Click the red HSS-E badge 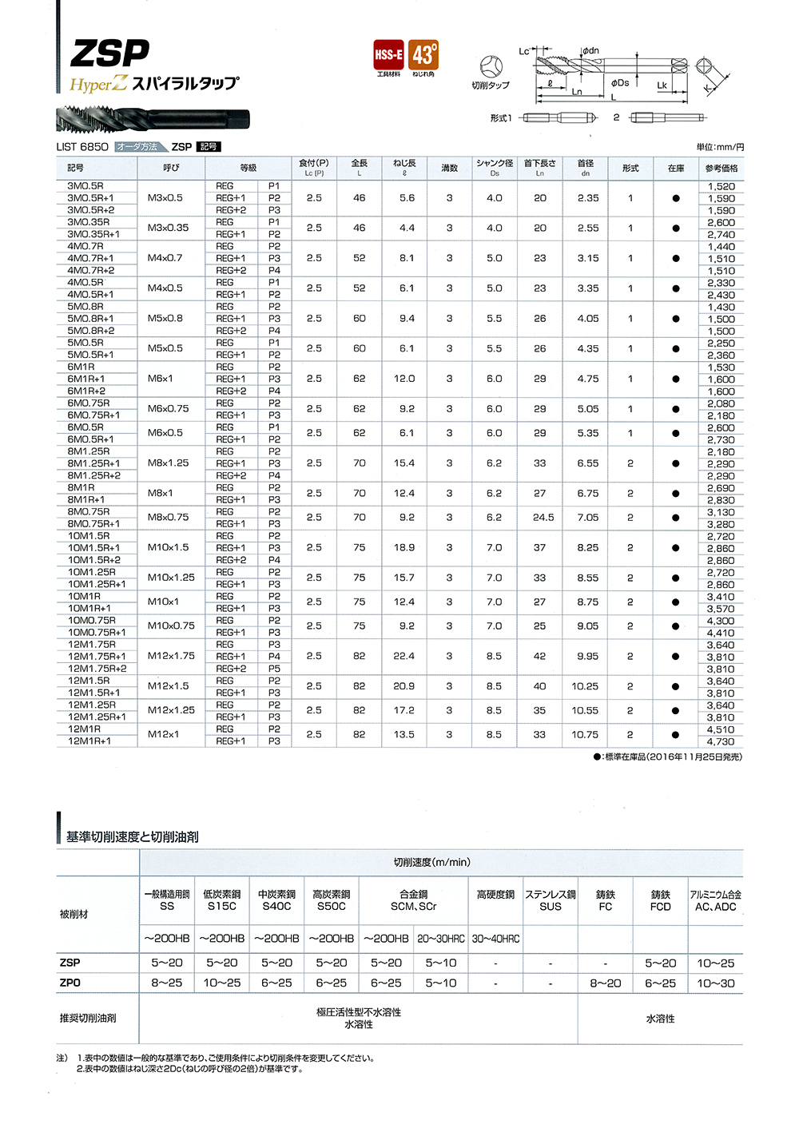[x=389, y=55]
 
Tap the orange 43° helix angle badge [x=423, y=55]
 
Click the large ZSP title [x=110, y=54]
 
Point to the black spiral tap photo [x=153, y=120]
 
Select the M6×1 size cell [x=160, y=379]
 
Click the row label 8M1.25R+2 [x=94, y=475]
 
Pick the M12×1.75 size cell [x=171, y=656]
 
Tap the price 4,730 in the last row [x=721, y=741]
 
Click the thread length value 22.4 [x=404, y=656]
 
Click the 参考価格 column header [x=721, y=169]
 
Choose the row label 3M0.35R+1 [x=93, y=234]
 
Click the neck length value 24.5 [x=543, y=518]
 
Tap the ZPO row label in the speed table [x=70, y=983]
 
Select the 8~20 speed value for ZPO [x=606, y=983]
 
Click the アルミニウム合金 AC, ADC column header [x=716, y=900]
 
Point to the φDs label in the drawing [x=620, y=82]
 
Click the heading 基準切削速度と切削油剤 [x=133, y=837]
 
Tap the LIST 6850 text [x=82, y=147]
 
